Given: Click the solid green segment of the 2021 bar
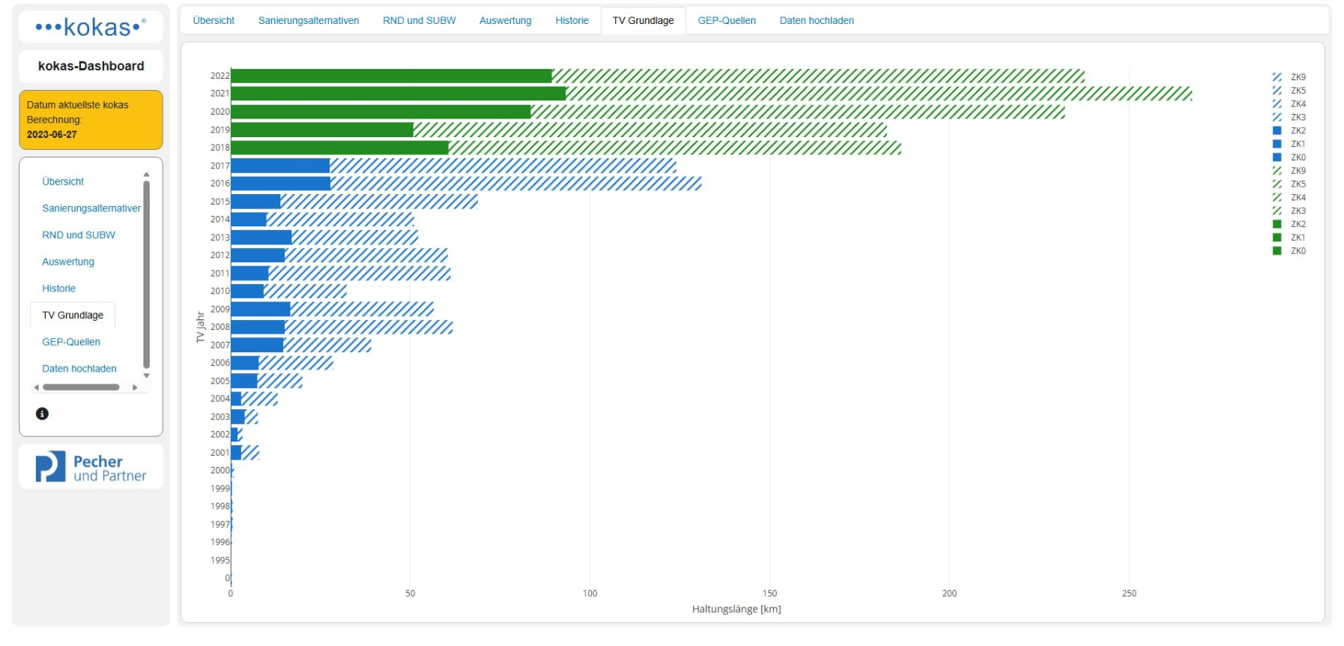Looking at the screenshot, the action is pyautogui.click(x=399, y=94).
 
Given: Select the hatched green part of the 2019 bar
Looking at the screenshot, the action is pyautogui.click(x=650, y=130).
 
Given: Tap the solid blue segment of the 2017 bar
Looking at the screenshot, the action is pyautogui.click(x=280, y=166).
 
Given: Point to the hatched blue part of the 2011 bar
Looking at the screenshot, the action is pyautogui.click(x=360, y=274).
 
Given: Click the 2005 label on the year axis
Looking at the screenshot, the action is pyautogui.click(x=220, y=381).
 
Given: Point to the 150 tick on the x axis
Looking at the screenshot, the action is pyautogui.click(x=769, y=594).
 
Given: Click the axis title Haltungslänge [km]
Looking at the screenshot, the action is pyautogui.click(x=736, y=609).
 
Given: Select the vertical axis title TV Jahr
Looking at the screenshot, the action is pyautogui.click(x=200, y=327).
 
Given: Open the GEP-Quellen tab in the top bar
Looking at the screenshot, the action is pyautogui.click(x=727, y=21).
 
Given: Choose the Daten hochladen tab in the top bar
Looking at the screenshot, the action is pyautogui.click(x=817, y=21).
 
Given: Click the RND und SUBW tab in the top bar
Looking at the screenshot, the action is pyautogui.click(x=419, y=21).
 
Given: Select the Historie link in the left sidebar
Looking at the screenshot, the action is pyautogui.click(x=59, y=289).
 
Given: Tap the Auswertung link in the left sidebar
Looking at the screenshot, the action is pyautogui.click(x=68, y=262).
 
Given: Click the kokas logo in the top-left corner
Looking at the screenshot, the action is pyautogui.click(x=91, y=28).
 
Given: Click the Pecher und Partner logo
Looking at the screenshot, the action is pyautogui.click(x=91, y=467).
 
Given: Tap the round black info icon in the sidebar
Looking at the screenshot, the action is pyautogui.click(x=43, y=414).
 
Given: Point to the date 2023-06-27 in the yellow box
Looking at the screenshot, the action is pyautogui.click(x=52, y=135).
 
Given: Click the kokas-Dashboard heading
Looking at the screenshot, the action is pyautogui.click(x=91, y=66).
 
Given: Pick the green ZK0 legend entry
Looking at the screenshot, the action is pyautogui.click(x=1289, y=251).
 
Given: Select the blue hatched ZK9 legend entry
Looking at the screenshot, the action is pyautogui.click(x=1289, y=77).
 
